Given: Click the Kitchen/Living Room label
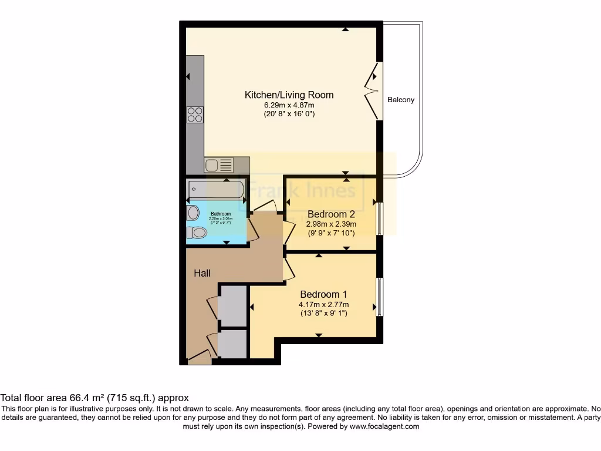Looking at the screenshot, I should coord(289,95).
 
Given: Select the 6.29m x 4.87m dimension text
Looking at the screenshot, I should coord(289,105).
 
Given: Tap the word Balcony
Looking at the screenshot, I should coord(401,100).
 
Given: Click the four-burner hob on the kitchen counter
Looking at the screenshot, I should coord(195,115).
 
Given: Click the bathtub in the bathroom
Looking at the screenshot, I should coord(215,190).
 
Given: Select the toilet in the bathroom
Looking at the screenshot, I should coord(198,233).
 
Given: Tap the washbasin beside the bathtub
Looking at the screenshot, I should coord(193,213).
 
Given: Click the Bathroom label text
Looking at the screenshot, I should coord(220,214).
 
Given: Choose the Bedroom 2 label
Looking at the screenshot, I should coord(331,214).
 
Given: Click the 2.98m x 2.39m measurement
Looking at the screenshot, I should coord(331,224).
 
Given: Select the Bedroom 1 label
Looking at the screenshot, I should coord(323,294).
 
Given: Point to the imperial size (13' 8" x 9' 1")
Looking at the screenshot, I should coord(323,314).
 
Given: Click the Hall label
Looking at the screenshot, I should coord(202,273).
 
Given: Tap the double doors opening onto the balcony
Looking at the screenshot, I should coord(372,91).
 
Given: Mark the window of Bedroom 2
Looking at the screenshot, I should coord(379,218).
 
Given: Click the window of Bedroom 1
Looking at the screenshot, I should coord(379,297).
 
